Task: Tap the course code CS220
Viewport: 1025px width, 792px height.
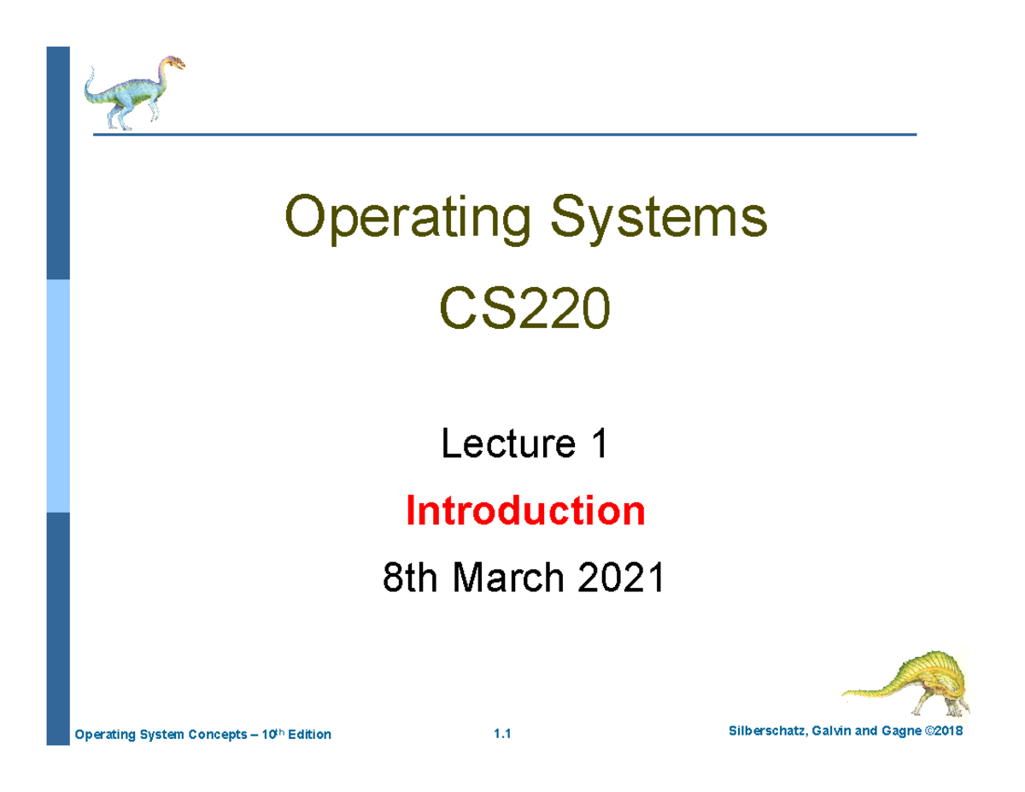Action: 525,311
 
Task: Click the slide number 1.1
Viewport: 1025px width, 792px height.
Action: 501,735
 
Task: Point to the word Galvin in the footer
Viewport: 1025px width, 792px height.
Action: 835,732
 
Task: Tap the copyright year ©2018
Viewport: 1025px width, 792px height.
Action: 949,732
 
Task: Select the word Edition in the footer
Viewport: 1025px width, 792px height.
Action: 309,735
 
